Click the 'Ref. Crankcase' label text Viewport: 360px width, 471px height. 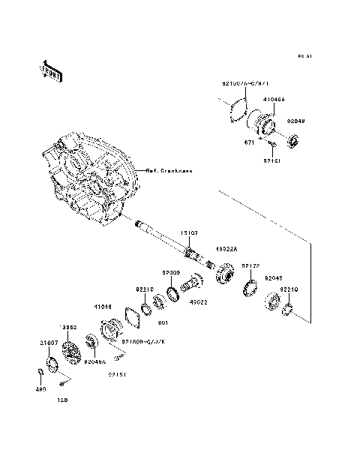[169, 171]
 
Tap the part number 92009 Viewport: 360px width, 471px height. [171, 273]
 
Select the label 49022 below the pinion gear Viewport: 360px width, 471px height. [199, 302]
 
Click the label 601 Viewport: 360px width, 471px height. [162, 322]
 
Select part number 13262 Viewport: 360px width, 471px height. [69, 328]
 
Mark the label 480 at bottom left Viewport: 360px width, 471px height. [41, 389]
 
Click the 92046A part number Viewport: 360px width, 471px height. [96, 361]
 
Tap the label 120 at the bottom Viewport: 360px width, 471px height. [63, 399]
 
